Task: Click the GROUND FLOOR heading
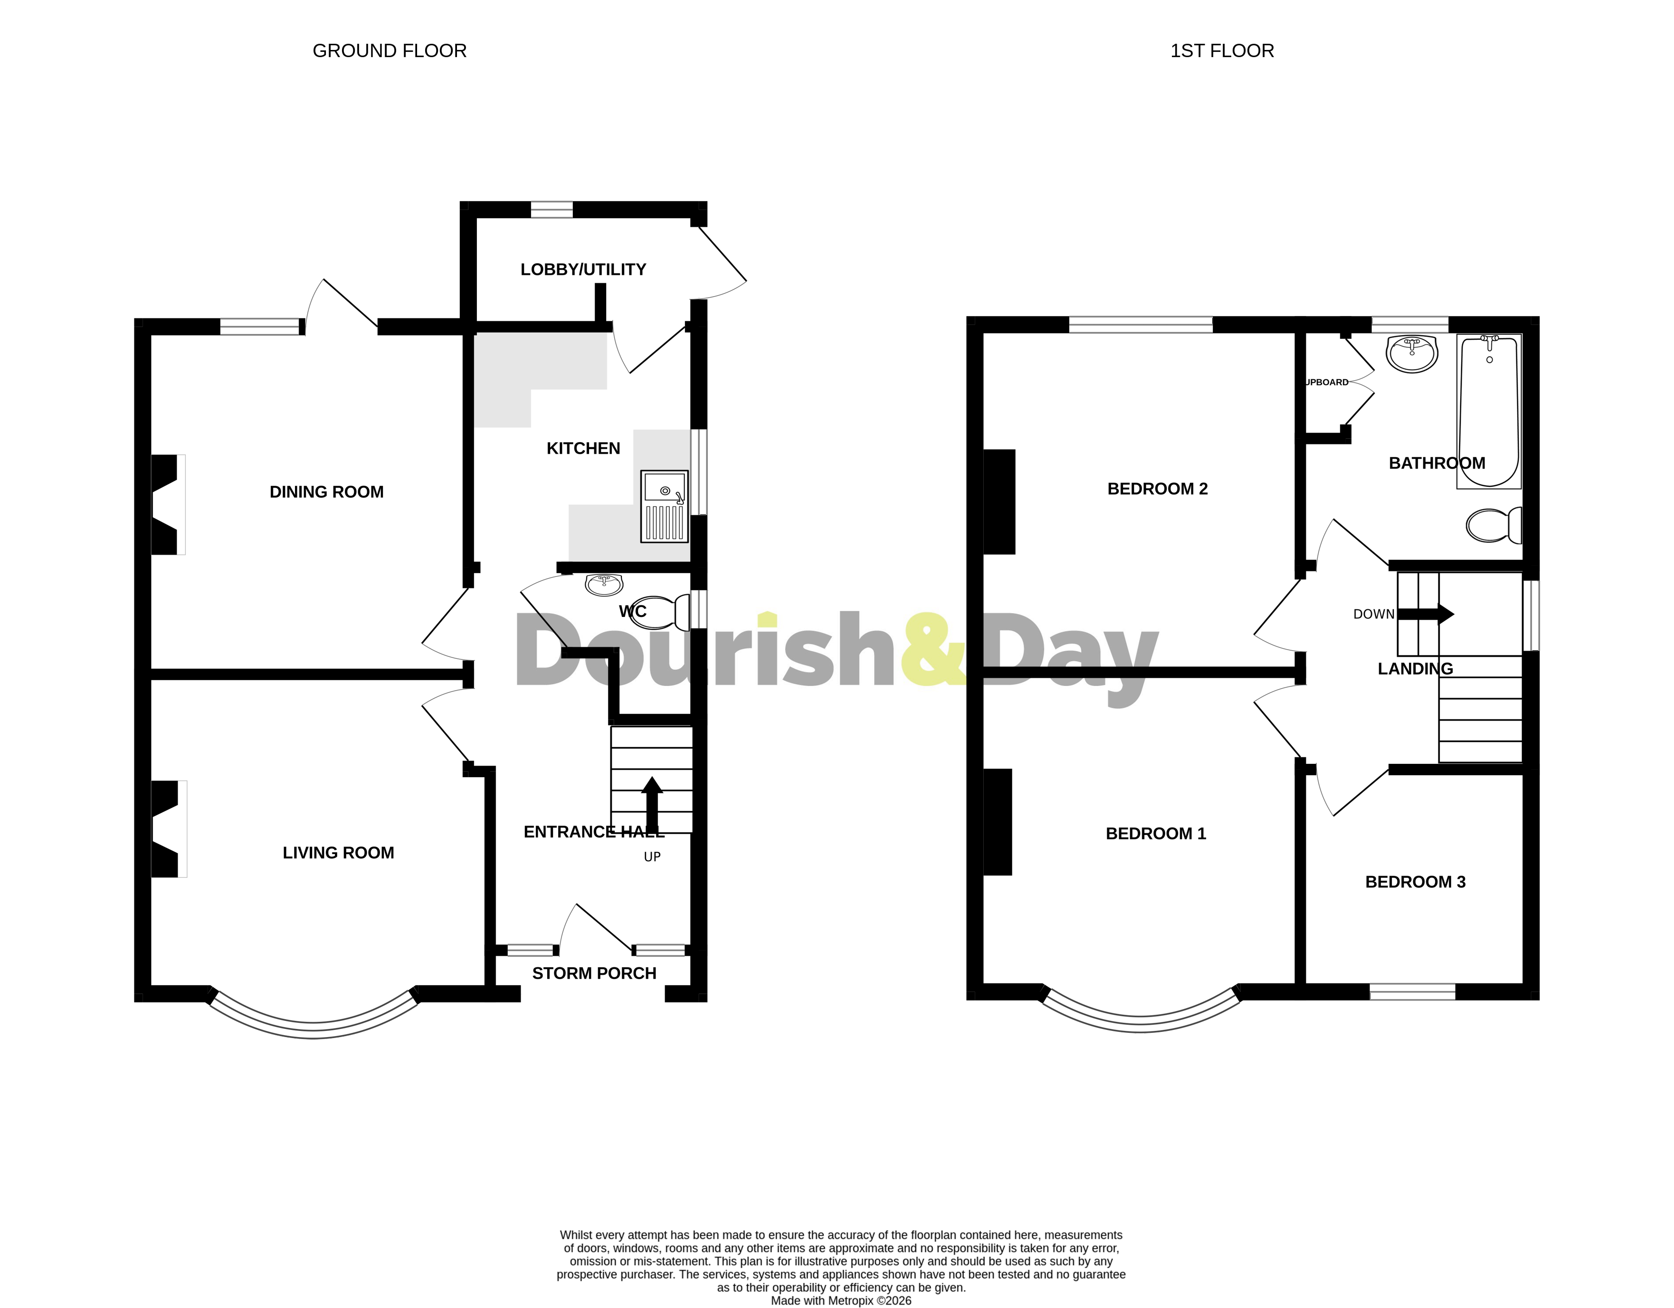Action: pyautogui.click(x=390, y=50)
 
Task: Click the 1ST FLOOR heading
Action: pyautogui.click(x=1222, y=50)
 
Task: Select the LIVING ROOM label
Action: pyautogui.click(x=338, y=853)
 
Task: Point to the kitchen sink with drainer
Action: pyautogui.click(x=664, y=506)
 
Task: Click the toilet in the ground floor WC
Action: pyautogui.click(x=659, y=612)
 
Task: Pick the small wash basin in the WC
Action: pyautogui.click(x=604, y=585)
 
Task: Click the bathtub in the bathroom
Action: pyautogui.click(x=1489, y=411)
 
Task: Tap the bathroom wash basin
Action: pyautogui.click(x=1412, y=354)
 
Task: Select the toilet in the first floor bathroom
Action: pyautogui.click(x=1493, y=525)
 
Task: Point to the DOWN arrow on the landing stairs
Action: pyautogui.click(x=1426, y=614)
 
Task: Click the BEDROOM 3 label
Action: pyautogui.click(x=1415, y=882)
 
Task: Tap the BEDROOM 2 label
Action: pyautogui.click(x=1157, y=489)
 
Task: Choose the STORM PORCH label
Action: pyautogui.click(x=594, y=973)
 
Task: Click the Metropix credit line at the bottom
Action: pyautogui.click(x=841, y=1300)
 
